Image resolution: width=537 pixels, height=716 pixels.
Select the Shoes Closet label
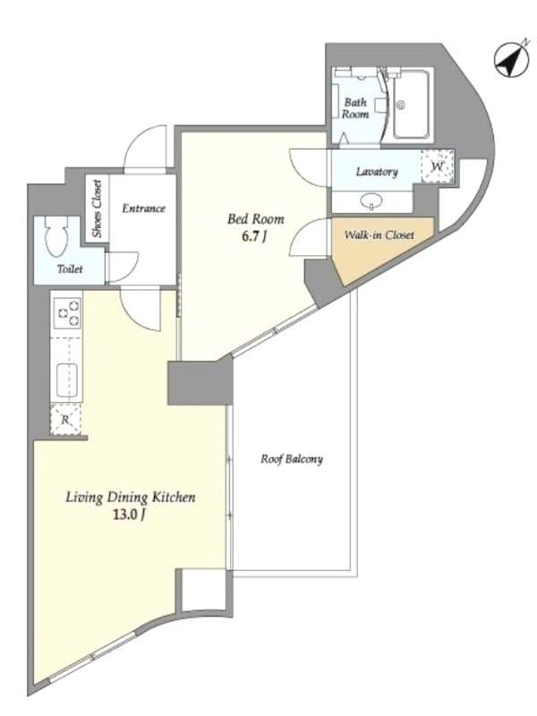tap(98, 209)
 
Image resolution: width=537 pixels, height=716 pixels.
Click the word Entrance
tap(143, 209)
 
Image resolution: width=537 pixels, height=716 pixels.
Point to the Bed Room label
tap(256, 219)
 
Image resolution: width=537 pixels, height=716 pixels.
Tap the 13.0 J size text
tap(130, 516)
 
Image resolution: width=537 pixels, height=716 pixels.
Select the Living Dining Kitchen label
tap(131, 497)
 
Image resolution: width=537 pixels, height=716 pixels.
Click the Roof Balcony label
tap(292, 459)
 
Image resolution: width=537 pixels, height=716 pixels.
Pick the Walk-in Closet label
tap(379, 235)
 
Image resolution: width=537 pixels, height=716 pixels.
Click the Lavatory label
tap(377, 172)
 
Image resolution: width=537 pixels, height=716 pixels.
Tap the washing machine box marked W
tap(437, 166)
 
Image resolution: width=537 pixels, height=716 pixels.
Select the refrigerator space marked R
tap(65, 419)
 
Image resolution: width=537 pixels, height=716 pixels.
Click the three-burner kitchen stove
tap(68, 312)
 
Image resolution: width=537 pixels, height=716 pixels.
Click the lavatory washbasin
tap(371, 200)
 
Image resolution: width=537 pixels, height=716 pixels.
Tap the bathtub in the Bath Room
tap(411, 105)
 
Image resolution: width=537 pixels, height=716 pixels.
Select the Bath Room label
tap(355, 108)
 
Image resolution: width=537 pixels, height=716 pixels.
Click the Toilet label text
tap(70, 269)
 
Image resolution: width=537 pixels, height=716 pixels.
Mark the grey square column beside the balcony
tap(200, 382)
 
